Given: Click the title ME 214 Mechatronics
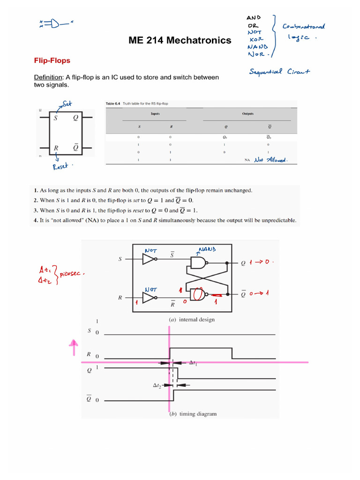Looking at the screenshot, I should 180,40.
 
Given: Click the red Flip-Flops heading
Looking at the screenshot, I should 52,60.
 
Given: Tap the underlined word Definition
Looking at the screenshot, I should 48,77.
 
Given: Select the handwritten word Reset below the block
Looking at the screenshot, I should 61,166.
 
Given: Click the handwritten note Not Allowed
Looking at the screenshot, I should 270,160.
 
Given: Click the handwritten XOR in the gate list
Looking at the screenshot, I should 257,39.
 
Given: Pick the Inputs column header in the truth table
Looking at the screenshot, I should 156,113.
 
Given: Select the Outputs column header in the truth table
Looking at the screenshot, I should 248,113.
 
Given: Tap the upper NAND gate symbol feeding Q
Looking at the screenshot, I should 197,262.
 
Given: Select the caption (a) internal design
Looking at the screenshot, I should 191,319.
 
